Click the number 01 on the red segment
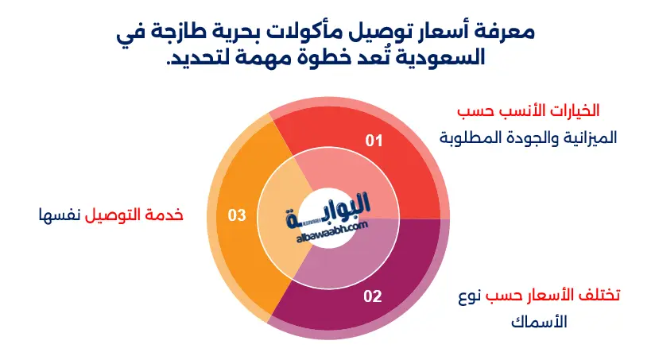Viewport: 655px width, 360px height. [x=374, y=141]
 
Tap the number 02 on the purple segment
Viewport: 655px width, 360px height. [x=373, y=296]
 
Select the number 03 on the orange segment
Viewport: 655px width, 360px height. [x=237, y=215]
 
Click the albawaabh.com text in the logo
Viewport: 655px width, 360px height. [x=332, y=232]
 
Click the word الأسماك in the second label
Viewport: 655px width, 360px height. [x=539, y=322]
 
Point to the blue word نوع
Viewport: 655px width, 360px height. [x=470, y=296]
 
